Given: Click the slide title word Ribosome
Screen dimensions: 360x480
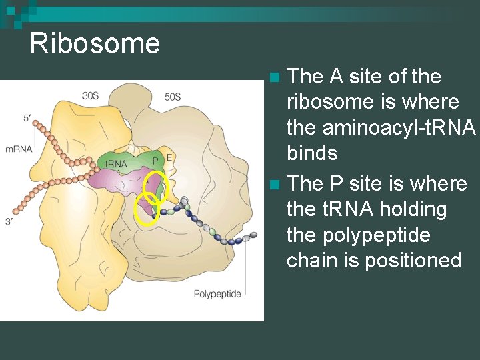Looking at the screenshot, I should (x=95, y=44).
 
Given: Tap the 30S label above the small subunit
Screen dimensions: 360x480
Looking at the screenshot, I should (x=91, y=96).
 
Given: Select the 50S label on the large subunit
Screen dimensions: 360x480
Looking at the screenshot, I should (x=172, y=97).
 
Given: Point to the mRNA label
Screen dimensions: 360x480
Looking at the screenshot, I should (x=19, y=149).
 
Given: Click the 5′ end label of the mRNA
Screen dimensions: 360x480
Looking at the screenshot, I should (x=27, y=118).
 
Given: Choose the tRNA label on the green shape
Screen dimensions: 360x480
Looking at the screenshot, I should (x=117, y=163).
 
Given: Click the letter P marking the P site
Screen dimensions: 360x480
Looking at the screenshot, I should (x=155, y=161).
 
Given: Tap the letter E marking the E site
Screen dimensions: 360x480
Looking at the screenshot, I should (x=169, y=158).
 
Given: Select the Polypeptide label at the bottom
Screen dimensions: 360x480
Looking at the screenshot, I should (x=217, y=293).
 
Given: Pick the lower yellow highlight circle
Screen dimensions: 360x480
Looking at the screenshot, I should (x=146, y=209).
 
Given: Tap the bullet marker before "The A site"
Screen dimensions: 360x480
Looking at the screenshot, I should (x=277, y=77).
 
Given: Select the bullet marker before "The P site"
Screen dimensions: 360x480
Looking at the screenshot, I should (x=277, y=183).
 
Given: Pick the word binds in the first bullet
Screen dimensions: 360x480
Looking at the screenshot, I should (x=312, y=153).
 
